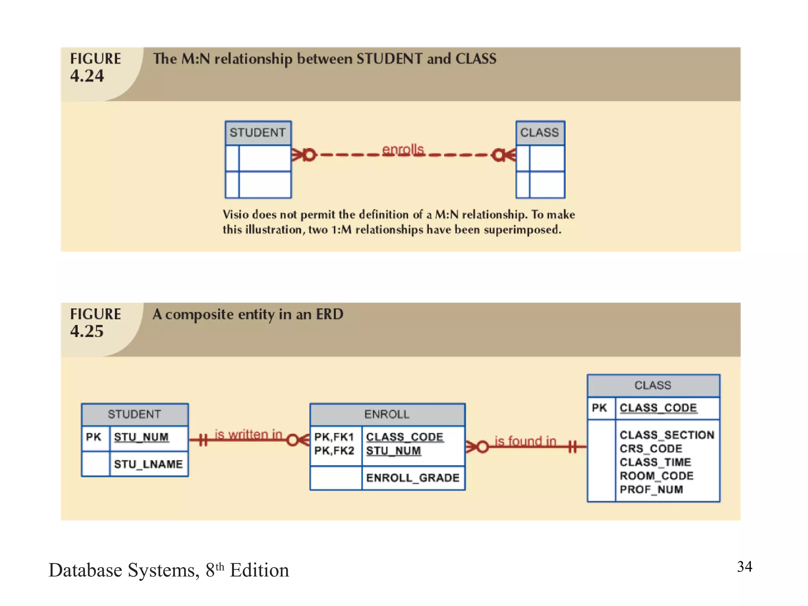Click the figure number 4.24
tap(87, 75)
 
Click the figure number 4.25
tap(87, 331)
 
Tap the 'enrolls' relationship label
tap(403, 149)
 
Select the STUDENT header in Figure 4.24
tap(258, 133)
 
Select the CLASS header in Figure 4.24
tap(539, 133)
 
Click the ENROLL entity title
tap(387, 414)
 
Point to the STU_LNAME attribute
tap(148, 464)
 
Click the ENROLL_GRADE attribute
tap(413, 478)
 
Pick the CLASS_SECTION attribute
tap(667, 435)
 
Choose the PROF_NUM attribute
tap(651, 489)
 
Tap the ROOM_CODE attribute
tap(656, 476)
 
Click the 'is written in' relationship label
tap(249, 434)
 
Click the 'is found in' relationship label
tap(526, 441)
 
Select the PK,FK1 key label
tap(334, 437)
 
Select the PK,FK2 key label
tap(334, 451)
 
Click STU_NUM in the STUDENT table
tap(141, 437)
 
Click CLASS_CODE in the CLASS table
tap(658, 408)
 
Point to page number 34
tap(744, 567)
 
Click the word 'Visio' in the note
tap(236, 215)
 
